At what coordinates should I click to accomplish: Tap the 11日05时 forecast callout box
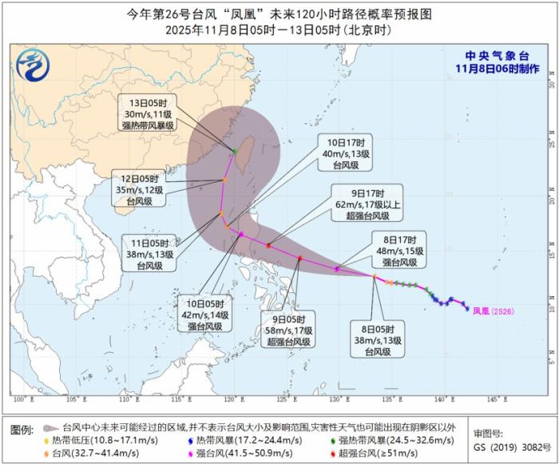coord(145,253)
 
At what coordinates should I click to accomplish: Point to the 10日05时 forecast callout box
coord(200,315)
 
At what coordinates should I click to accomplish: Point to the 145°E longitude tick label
coord(494,398)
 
